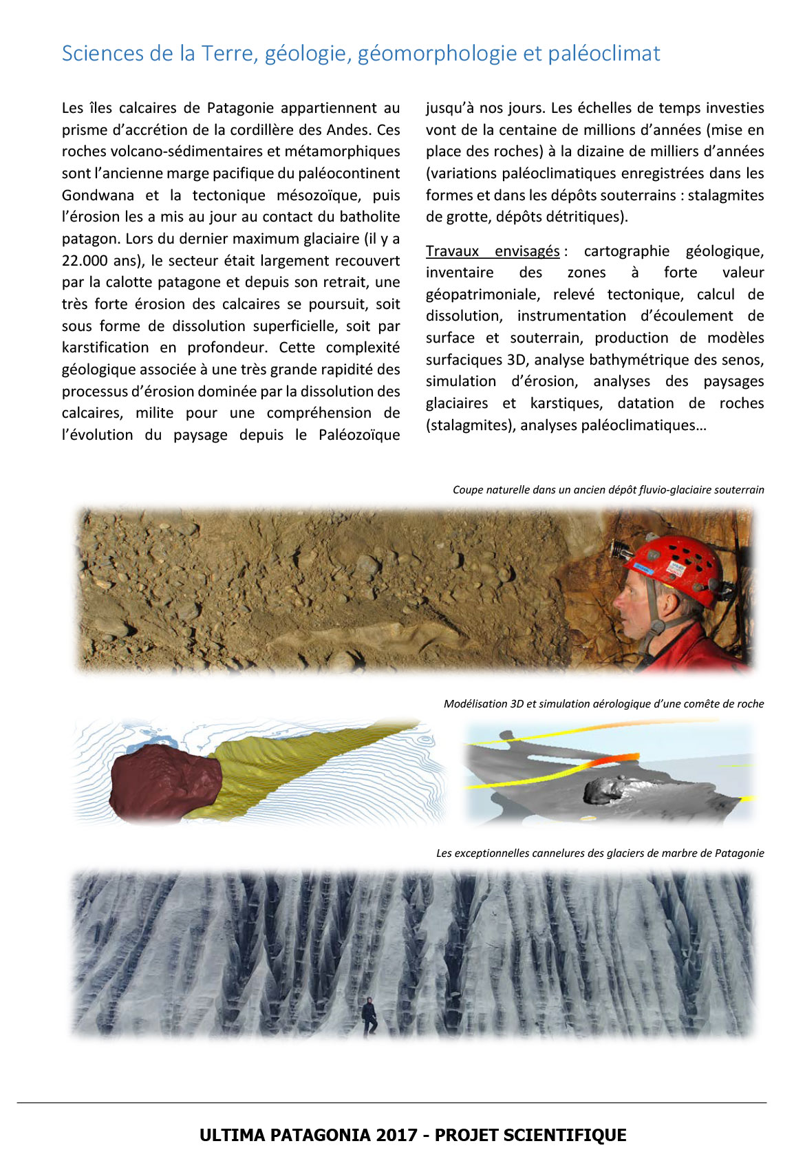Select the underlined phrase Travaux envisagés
point(493,251)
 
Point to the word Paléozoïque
point(359,434)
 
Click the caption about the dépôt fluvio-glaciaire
point(608,489)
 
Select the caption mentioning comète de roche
point(603,703)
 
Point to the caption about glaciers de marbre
point(599,853)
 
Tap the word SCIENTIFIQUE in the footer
point(564,1135)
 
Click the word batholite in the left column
point(369,216)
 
